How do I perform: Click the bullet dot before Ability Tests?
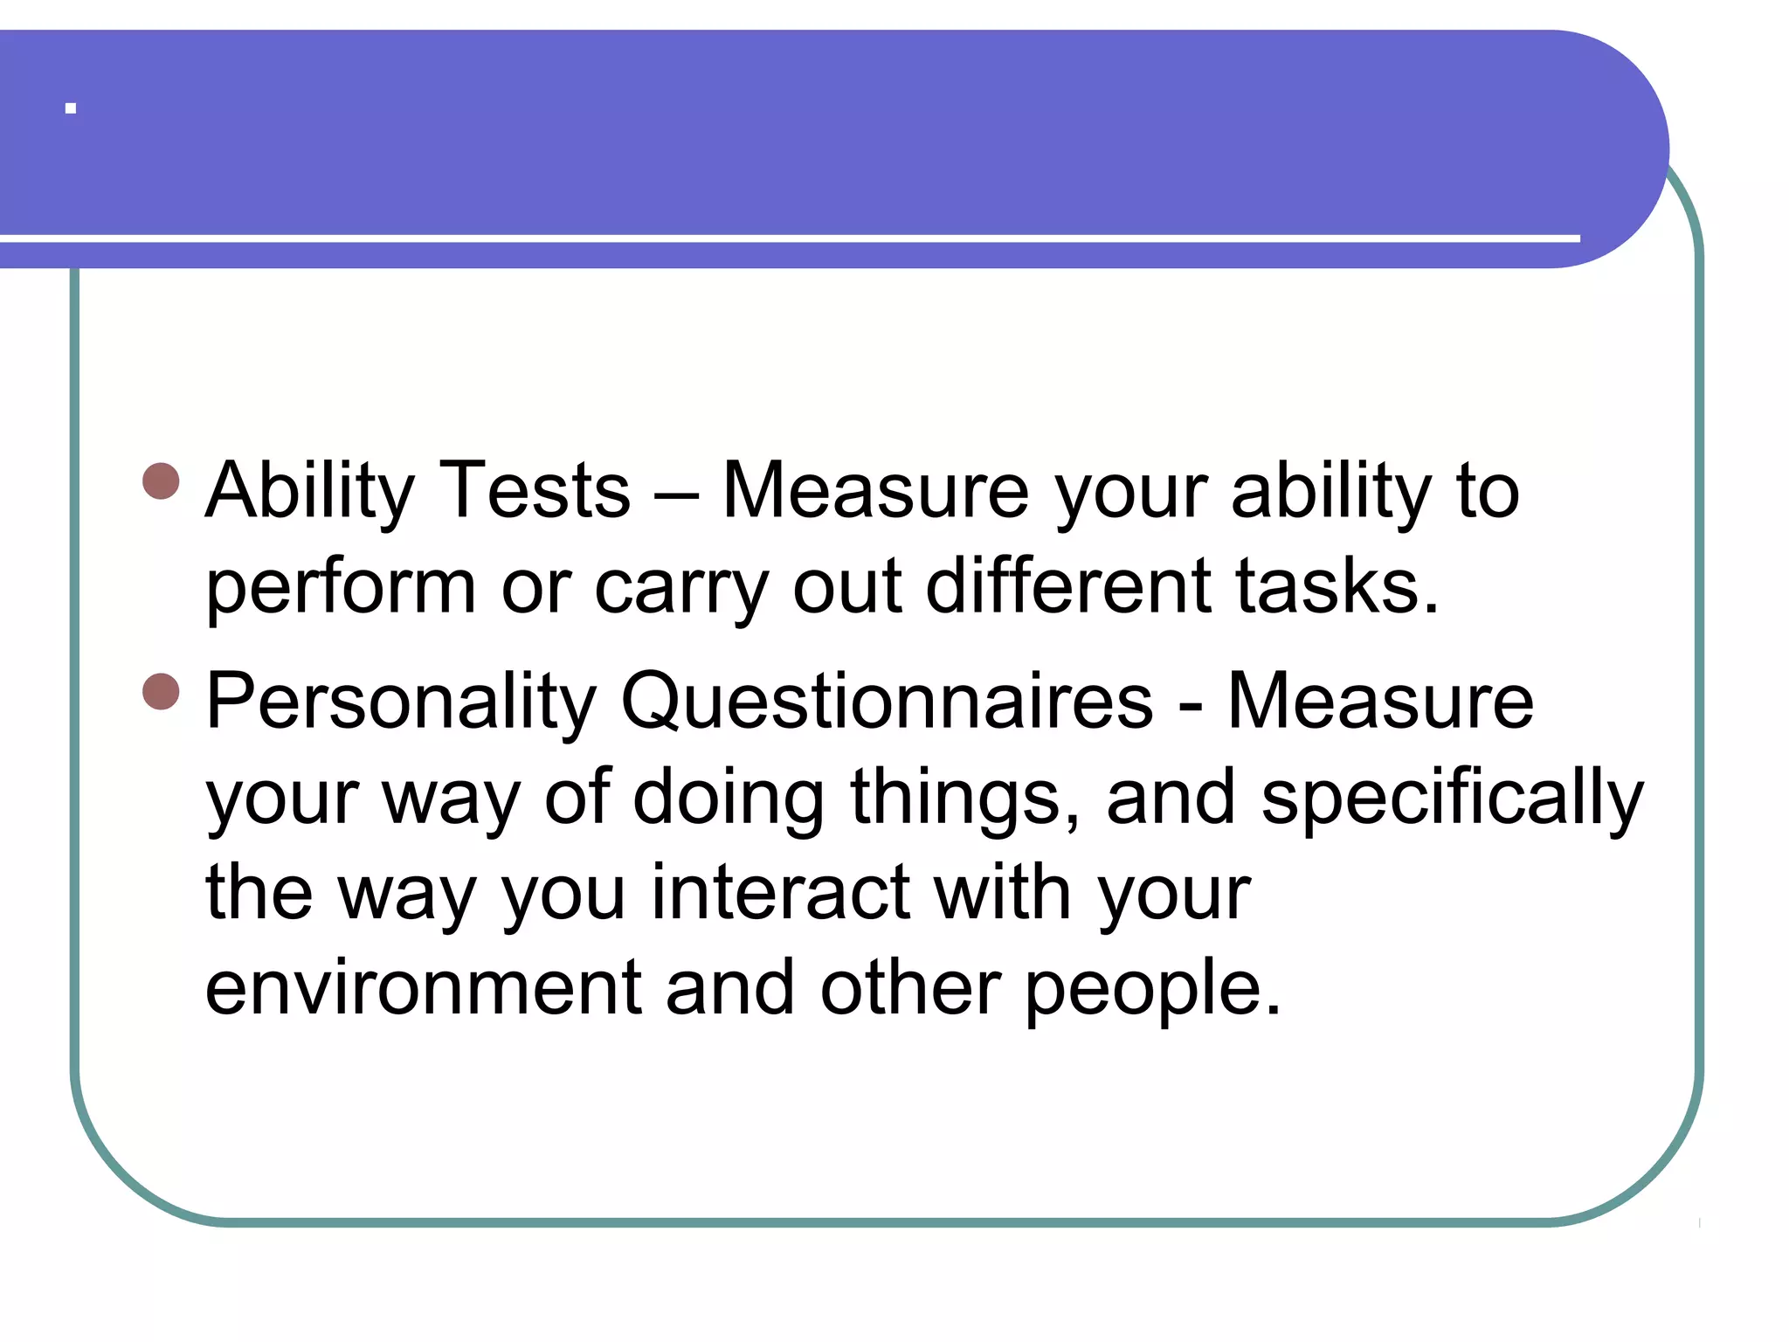point(161,481)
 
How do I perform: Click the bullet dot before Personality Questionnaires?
point(161,691)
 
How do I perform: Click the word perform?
point(341,587)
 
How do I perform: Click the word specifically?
point(1452,798)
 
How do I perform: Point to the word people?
point(1152,990)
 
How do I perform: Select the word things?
point(965,798)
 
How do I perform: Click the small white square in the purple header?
point(71,109)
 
